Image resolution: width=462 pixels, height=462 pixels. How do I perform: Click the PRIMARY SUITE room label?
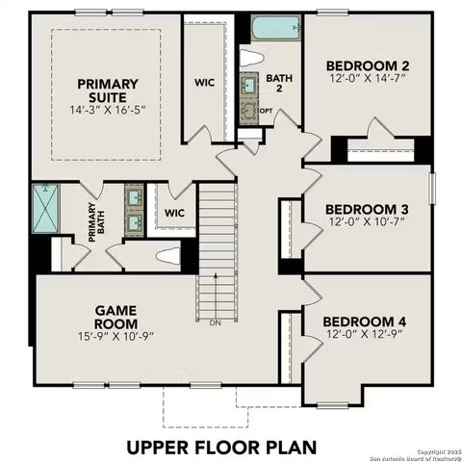coord(107,91)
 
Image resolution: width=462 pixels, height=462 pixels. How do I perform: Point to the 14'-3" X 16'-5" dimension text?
coord(107,111)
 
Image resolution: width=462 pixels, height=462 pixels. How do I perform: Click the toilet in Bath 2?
coord(252,56)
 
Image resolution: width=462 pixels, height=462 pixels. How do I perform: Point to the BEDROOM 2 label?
coord(367,66)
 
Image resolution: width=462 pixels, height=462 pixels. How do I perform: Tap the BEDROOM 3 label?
coord(366,209)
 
